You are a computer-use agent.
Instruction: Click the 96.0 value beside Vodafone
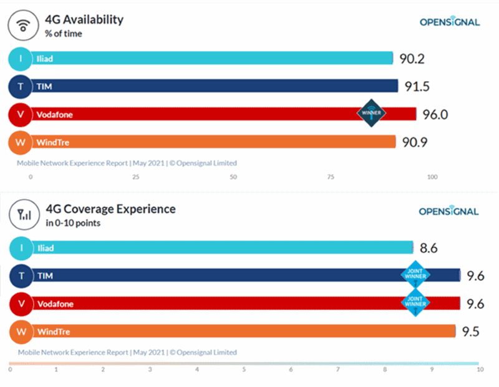click(434, 114)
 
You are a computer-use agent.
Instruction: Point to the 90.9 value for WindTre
click(415, 143)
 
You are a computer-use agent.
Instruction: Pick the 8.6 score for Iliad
click(429, 248)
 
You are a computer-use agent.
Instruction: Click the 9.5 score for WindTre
click(471, 331)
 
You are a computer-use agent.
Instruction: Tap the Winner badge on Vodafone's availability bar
click(372, 113)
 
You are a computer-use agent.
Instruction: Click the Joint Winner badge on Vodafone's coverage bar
click(416, 303)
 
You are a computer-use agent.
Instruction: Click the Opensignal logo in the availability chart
click(449, 22)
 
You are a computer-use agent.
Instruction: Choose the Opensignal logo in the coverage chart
click(449, 212)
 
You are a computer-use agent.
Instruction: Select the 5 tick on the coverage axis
click(245, 370)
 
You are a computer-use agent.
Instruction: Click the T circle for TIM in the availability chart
click(21, 86)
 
